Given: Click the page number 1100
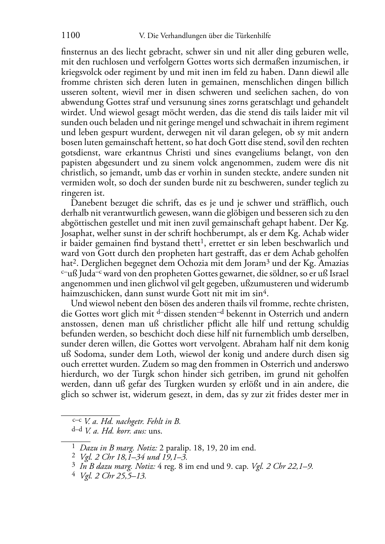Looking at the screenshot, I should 71,36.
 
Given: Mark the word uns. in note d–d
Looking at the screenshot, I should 155,431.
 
